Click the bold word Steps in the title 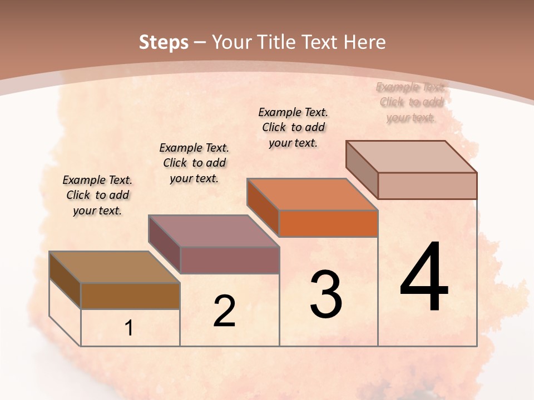[163, 42]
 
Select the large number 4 [424, 277]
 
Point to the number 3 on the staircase [326, 294]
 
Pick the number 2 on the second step [224, 311]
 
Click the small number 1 [129, 328]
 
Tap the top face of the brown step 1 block [115, 267]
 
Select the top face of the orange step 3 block [313, 194]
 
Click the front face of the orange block [328, 224]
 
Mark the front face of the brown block [130, 296]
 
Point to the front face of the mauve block [230, 260]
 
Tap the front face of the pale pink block [427, 186]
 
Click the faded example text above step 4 [411, 102]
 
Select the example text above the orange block [293, 127]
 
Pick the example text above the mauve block [194, 163]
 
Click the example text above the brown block [97, 195]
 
